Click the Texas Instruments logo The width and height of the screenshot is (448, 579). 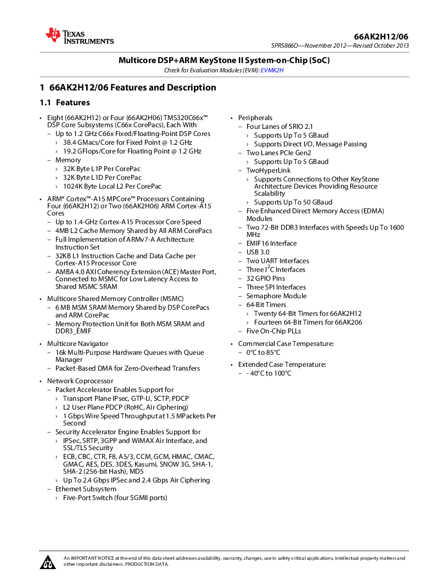pyautogui.click(x=79, y=36)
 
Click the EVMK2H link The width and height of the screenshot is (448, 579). pyautogui.click(x=272, y=70)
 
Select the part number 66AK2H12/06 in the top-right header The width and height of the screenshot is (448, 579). pyautogui.click(x=381, y=37)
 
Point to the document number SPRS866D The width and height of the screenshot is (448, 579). pyautogui.click(x=285, y=46)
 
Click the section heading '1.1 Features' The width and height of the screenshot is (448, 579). pyautogui.click(x=65, y=103)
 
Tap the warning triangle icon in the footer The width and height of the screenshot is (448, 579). pyautogui.click(x=48, y=561)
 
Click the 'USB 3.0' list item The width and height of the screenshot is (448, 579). pyautogui.click(x=257, y=252)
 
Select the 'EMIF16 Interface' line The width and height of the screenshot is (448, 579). pyautogui.click(x=271, y=243)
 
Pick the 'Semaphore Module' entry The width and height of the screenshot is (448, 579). pyautogui.click(x=276, y=296)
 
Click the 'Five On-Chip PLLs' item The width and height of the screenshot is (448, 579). pyautogui.click(x=273, y=331)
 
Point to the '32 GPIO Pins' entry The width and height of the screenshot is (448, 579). pyautogui.click(x=265, y=279)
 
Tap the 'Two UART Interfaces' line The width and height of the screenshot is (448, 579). pyautogui.click(x=277, y=261)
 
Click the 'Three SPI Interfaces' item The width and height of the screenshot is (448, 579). pyautogui.click(x=276, y=287)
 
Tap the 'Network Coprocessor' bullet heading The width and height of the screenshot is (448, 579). pyautogui.click(x=80, y=381)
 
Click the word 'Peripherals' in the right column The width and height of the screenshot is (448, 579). pyautogui.click(x=255, y=118)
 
